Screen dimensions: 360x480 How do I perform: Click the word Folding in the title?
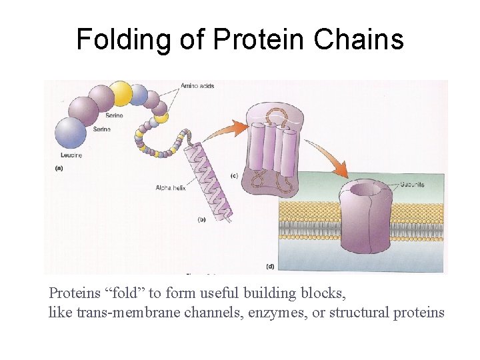[x=123, y=40]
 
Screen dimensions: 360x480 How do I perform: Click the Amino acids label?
[x=197, y=86]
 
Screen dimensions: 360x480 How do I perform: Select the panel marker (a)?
[x=59, y=169]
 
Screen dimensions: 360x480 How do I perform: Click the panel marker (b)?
[x=201, y=219]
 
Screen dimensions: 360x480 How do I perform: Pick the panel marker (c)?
[x=234, y=175]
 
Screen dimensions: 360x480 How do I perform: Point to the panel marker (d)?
[x=269, y=266]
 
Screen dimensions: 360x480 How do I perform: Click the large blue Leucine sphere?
[x=71, y=133]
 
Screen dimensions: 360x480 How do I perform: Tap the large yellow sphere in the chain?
[x=121, y=93]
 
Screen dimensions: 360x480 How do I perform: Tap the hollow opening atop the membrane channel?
[x=363, y=189]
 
